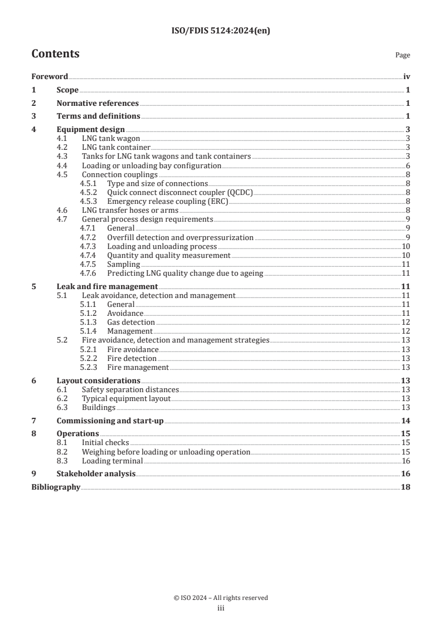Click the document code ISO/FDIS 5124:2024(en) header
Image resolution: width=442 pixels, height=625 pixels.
pos(221,31)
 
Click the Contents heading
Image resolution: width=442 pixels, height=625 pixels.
pos(55,54)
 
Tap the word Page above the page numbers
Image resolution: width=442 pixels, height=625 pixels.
pos(402,55)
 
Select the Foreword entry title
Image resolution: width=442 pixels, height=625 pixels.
pos(50,77)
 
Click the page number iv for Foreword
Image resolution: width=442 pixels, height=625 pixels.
pos(406,77)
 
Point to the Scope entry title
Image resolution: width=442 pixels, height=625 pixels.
pos(67,90)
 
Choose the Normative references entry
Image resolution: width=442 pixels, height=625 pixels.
pos(98,103)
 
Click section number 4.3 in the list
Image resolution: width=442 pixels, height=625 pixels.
pos(64,157)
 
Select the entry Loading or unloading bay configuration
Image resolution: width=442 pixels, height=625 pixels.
pos(152,165)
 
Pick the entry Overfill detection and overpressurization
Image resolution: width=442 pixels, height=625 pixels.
pos(180,237)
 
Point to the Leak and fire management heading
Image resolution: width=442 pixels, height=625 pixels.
pos(108,286)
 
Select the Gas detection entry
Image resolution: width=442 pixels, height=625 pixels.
pos(131,322)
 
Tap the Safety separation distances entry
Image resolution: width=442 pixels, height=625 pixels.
pos(130,389)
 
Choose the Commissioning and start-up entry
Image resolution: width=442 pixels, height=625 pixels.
pos(110,421)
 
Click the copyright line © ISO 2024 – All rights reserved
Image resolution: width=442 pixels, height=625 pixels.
pos(221,598)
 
